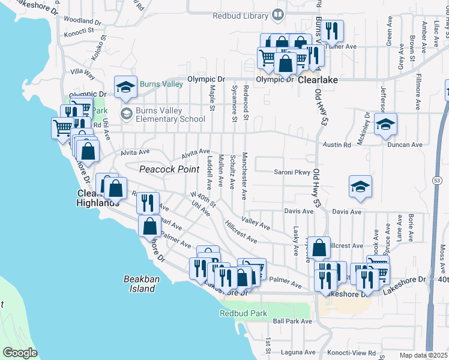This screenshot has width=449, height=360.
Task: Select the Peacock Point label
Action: tap(169, 170)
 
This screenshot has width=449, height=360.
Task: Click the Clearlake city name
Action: tap(318, 80)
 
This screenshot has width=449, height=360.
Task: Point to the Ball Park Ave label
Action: tap(292, 321)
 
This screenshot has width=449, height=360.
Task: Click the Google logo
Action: tap(20, 353)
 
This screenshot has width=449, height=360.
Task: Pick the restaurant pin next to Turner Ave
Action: tap(333, 29)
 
